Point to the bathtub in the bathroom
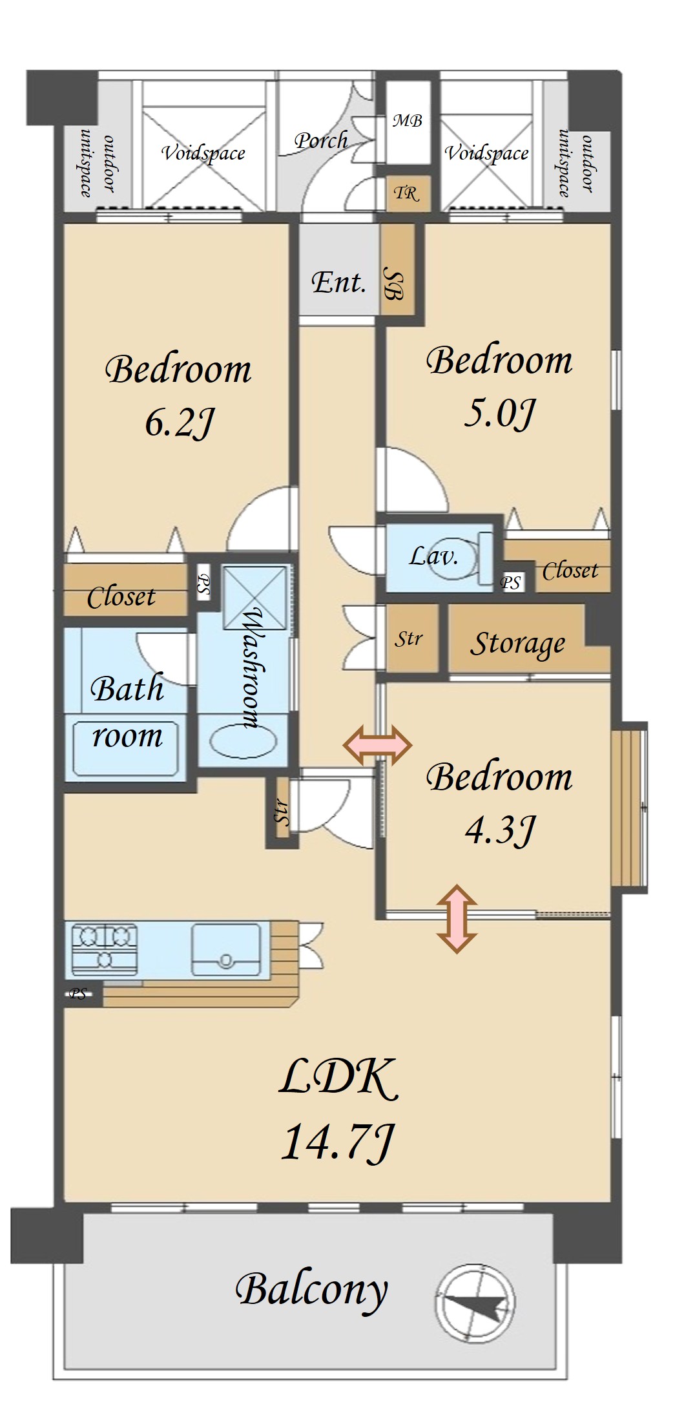tap(125, 748)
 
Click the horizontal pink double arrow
tap(378, 746)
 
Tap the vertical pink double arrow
tap(457, 919)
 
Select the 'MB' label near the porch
tap(408, 120)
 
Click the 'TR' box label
tap(406, 193)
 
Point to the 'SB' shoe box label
tap(393, 283)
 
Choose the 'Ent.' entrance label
tap(338, 282)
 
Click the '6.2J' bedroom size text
tap(179, 423)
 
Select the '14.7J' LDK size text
tap(337, 1142)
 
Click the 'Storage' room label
tap(517, 644)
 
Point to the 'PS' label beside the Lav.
tap(510, 582)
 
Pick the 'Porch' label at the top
tap(321, 140)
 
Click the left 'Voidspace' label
tap(203, 152)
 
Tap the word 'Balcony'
tap(311, 1289)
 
